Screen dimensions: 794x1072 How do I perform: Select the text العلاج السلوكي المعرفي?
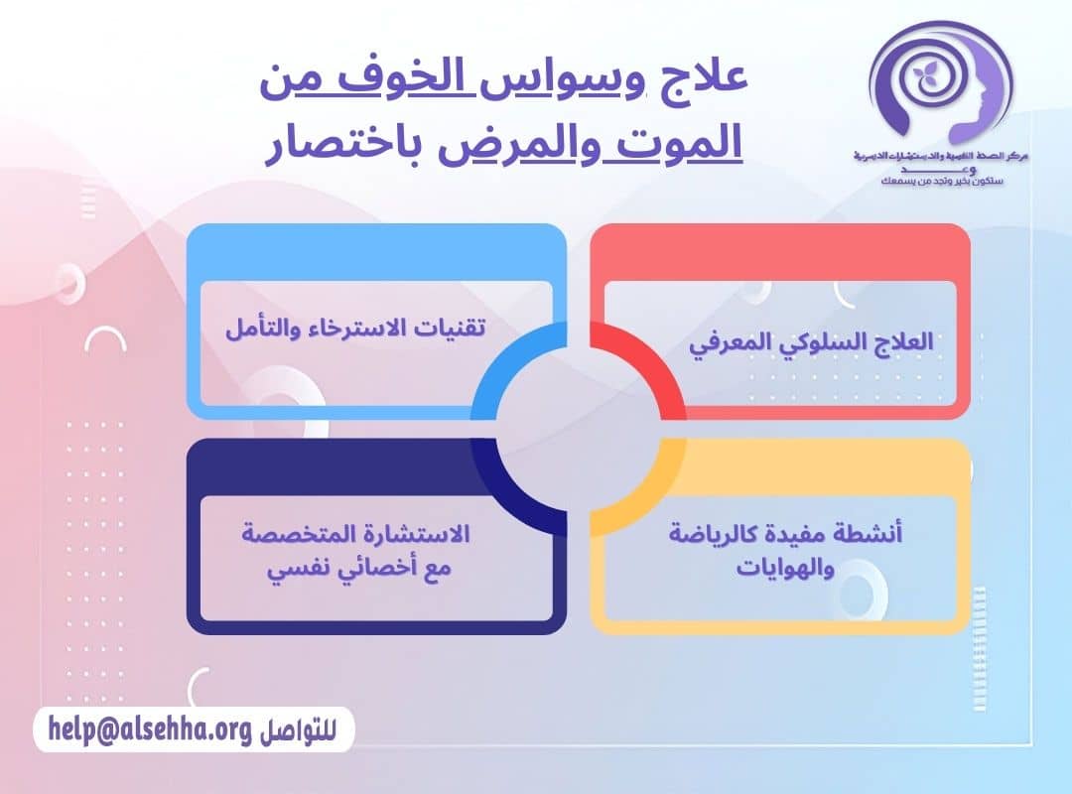pyautogui.click(x=811, y=340)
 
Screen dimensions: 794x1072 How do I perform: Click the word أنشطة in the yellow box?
pyautogui.click(x=868, y=534)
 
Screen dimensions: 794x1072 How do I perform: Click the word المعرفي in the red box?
pyautogui.click(x=730, y=340)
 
